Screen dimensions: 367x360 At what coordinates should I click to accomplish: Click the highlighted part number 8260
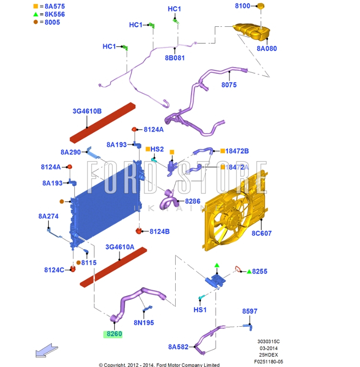pos(114,334)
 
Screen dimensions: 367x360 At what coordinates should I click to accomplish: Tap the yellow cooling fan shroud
pos(235,211)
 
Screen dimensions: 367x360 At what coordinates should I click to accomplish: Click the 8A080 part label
pos(267,48)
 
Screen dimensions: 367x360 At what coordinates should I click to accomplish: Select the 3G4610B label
pos(87,112)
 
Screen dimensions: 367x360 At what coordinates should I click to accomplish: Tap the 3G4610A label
pos(120,248)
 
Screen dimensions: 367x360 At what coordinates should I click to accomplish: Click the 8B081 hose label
pos(175,57)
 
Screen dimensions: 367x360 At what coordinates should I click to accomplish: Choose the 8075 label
pos(229,85)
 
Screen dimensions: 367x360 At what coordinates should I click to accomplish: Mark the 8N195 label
pos(144,322)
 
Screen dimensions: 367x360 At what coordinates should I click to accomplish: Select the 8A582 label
pos(179,346)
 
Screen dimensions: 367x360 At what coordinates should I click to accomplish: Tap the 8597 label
pos(249,311)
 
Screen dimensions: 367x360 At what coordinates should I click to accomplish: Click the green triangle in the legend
pos(35,14)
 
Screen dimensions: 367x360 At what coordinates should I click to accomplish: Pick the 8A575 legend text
pos(54,6)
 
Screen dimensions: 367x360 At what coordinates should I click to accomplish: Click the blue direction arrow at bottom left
pos(46,351)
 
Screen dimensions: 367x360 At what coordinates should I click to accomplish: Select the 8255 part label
pos(260,271)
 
